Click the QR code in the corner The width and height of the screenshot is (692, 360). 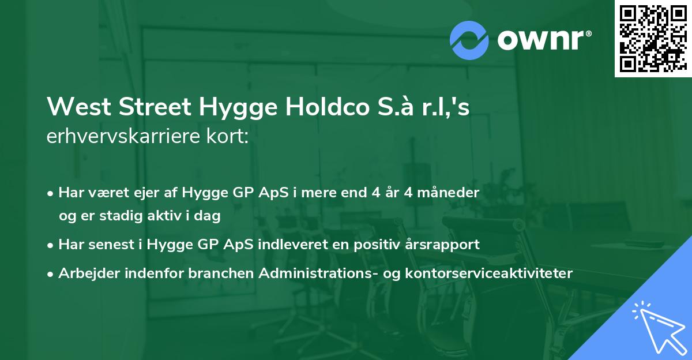(x=652, y=38)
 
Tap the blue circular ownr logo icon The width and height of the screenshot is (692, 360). (x=470, y=40)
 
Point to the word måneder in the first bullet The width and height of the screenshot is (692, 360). (x=449, y=193)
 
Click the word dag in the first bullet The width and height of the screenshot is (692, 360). (x=209, y=216)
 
